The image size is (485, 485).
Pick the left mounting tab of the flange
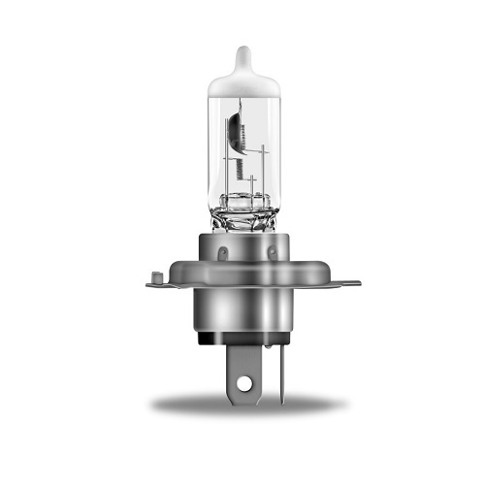tap(160, 283)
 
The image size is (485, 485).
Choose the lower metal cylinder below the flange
tap(247, 315)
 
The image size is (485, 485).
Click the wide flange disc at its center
tap(247, 283)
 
